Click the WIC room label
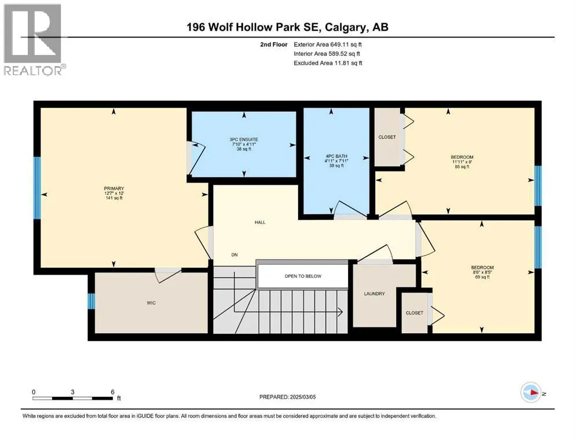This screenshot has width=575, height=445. click(x=151, y=303)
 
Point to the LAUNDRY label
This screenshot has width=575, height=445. click(x=374, y=294)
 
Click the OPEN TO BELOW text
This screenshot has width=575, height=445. click(x=302, y=276)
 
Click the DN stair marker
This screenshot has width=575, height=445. click(x=235, y=255)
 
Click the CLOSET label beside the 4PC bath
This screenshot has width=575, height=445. click(x=387, y=137)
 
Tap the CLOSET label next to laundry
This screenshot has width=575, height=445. click(x=414, y=313)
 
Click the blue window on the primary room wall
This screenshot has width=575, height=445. click(x=38, y=188)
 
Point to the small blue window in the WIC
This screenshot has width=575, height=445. click(x=91, y=302)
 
